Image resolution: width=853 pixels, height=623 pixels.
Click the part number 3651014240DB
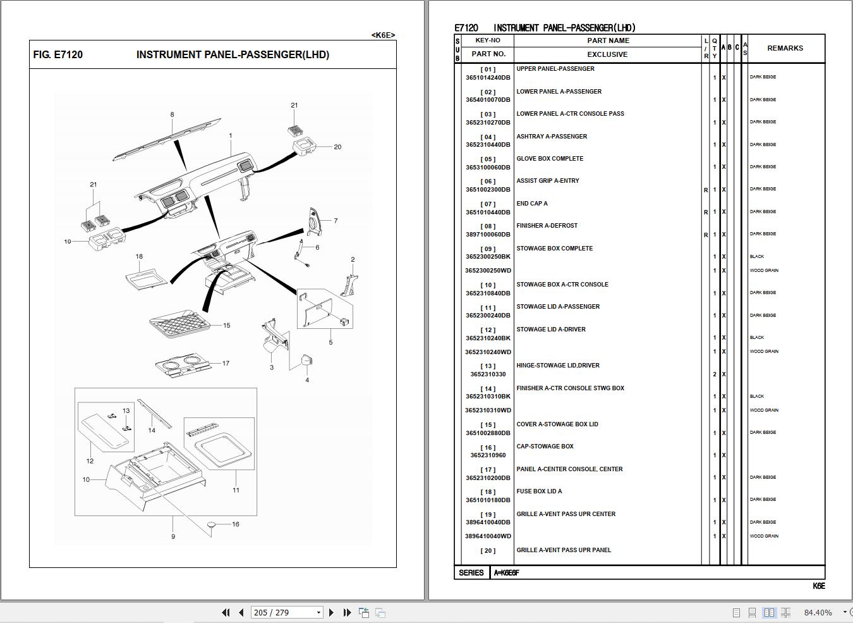(487, 78)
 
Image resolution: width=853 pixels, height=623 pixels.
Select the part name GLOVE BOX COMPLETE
(550, 159)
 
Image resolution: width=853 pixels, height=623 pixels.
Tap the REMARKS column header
(785, 48)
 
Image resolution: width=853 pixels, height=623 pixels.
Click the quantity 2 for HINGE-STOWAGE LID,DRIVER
(715, 374)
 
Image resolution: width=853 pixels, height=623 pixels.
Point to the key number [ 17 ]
(488, 470)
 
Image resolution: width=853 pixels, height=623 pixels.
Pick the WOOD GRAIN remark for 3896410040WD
(763, 536)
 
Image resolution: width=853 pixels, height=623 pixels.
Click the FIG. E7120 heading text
(58, 55)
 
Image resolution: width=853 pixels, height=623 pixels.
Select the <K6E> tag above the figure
(383, 35)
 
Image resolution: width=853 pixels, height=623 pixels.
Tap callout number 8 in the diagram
(172, 115)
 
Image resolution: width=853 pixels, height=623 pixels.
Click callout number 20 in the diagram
(337, 147)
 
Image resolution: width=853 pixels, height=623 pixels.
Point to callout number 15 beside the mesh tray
(226, 326)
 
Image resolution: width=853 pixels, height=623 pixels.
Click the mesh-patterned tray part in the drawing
(180, 324)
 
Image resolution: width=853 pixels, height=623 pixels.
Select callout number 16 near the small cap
(235, 524)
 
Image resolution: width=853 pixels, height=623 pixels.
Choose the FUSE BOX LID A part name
(539, 491)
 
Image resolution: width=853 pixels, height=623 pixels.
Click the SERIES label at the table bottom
(471, 573)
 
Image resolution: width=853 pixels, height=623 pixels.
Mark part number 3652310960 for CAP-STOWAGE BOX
(488, 455)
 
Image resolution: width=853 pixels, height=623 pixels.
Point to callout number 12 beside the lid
(90, 461)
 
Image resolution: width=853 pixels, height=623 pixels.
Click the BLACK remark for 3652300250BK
(756, 257)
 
